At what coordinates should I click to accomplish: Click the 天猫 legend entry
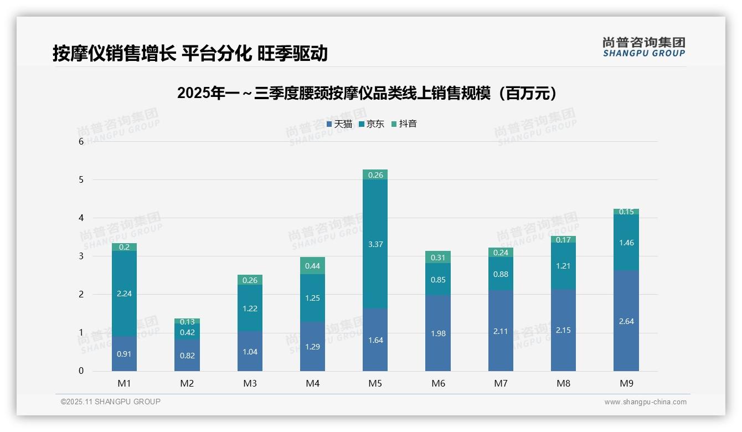pyautogui.click(x=339, y=124)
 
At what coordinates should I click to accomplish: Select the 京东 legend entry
pyautogui.click(x=372, y=124)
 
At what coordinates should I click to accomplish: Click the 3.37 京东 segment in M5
pyautogui.click(x=375, y=244)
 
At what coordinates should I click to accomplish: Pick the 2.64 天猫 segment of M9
pyautogui.click(x=626, y=321)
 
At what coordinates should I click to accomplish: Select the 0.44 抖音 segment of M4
pyautogui.click(x=312, y=266)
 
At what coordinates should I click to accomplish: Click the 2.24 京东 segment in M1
pyautogui.click(x=124, y=294)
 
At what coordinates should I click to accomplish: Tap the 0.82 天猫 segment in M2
pyautogui.click(x=187, y=356)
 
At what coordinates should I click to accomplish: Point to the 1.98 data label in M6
pyautogui.click(x=438, y=333)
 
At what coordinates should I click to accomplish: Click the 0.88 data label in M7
pyautogui.click(x=501, y=274)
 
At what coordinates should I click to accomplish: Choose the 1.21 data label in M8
pyautogui.click(x=563, y=266)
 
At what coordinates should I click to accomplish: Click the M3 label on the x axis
pyautogui.click(x=250, y=383)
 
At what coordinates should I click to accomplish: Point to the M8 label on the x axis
pyautogui.click(x=563, y=383)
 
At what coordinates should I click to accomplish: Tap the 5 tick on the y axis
pyautogui.click(x=81, y=180)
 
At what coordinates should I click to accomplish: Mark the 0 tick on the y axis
pyautogui.click(x=81, y=371)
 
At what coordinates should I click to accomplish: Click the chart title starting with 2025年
pyautogui.click(x=367, y=94)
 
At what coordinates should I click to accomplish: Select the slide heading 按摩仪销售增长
pyautogui.click(x=190, y=53)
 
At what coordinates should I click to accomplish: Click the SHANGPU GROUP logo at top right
pyautogui.click(x=643, y=47)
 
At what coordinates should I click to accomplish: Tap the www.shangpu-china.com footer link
pyautogui.click(x=645, y=402)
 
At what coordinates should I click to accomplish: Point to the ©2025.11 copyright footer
pyautogui.click(x=110, y=402)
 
